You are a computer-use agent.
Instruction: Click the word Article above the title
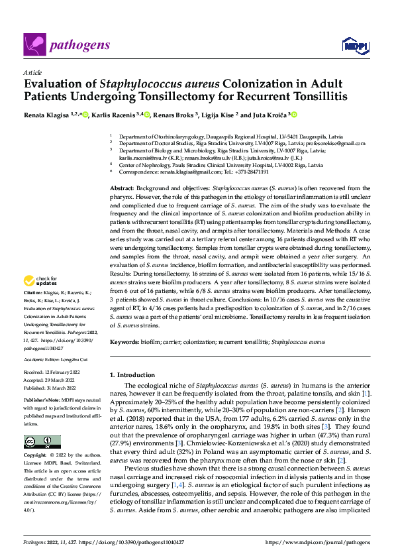click(32, 72)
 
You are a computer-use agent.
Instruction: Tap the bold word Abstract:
click(123, 189)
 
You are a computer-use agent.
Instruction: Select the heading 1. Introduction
click(132, 374)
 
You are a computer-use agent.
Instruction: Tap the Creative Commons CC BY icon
click(42, 442)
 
